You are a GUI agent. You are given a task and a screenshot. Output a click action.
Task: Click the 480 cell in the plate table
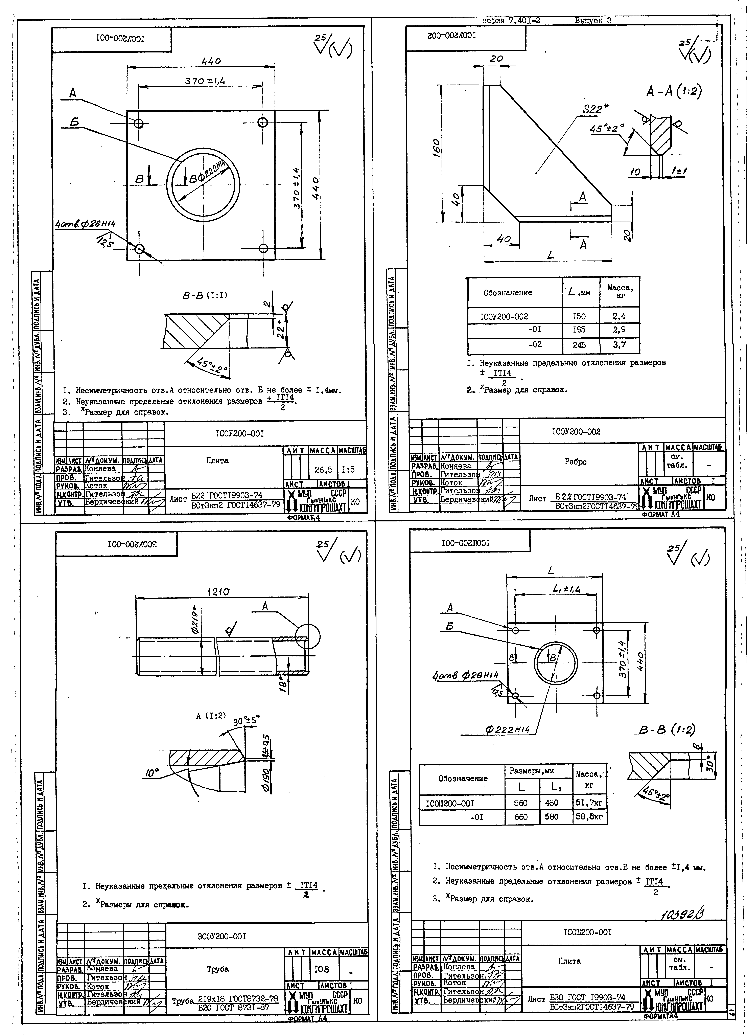(552, 802)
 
